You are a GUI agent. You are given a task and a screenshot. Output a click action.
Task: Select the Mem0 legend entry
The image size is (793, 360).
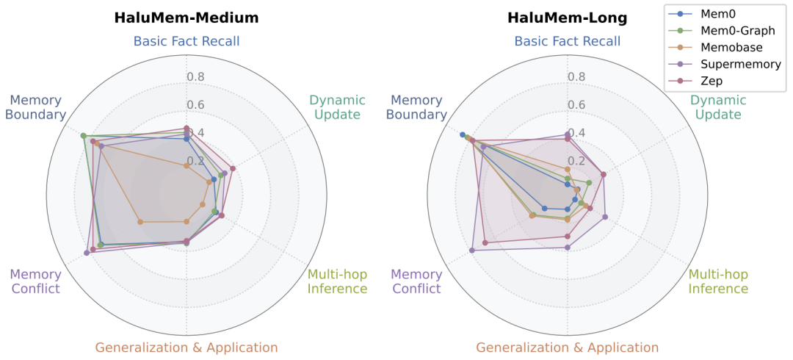coord(720,14)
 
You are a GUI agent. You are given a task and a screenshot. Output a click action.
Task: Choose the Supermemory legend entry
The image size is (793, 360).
coord(739,64)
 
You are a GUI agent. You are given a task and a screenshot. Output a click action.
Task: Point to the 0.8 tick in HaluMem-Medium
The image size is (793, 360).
coord(195,76)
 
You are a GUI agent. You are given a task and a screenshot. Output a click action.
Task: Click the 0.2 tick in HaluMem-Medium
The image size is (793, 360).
coord(195,162)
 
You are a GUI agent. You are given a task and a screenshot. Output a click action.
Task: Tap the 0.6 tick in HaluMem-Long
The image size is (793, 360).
coord(576,104)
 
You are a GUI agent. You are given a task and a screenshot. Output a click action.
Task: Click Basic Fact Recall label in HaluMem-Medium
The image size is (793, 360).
coord(187,41)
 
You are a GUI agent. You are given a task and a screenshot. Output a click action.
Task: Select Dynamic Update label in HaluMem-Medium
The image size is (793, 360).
coord(337,107)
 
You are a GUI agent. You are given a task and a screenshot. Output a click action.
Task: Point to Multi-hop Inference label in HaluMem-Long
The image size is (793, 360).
coord(718,281)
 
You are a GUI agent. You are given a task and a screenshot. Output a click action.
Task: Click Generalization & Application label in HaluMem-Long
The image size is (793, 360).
coord(567,348)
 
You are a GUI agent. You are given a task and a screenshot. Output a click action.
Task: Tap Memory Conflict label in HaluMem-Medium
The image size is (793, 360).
coord(35,281)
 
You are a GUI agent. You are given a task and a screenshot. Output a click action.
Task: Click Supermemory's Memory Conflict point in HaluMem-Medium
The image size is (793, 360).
coord(87,253)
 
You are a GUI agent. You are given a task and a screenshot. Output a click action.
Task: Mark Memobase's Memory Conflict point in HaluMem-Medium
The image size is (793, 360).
coord(140,221)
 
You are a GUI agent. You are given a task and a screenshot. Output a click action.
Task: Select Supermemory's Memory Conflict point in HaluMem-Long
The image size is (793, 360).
coord(471,251)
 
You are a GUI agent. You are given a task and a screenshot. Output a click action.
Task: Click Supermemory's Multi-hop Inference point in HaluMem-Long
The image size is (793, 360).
coord(605,217)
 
